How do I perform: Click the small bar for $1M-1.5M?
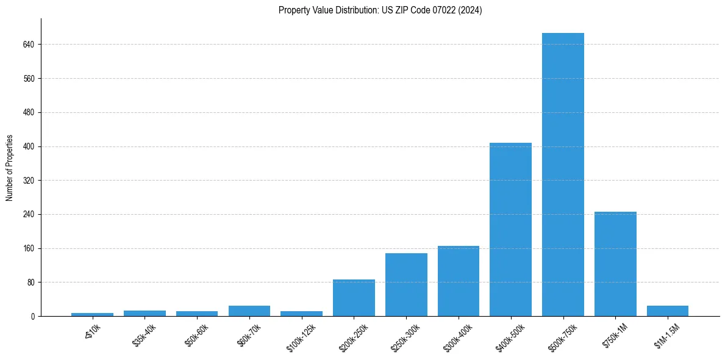pyautogui.click(x=668, y=311)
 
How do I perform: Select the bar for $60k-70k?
pyautogui.click(x=249, y=311)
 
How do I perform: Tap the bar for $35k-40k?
pyautogui.click(x=145, y=314)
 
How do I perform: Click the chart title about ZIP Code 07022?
pyautogui.click(x=380, y=10)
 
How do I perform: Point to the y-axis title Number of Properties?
pyautogui.click(x=10, y=167)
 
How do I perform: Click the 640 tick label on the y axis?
pyautogui.click(x=29, y=45)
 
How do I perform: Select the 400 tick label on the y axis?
pyautogui.click(x=29, y=146)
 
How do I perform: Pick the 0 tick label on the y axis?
pyautogui.click(x=32, y=317)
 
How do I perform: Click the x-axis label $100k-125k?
pyautogui.click(x=301, y=334)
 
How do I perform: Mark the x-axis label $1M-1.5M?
pyautogui.click(x=667, y=334)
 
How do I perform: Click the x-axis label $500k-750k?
pyautogui.click(x=562, y=334)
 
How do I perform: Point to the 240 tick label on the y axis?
pyautogui.click(x=29, y=215)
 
